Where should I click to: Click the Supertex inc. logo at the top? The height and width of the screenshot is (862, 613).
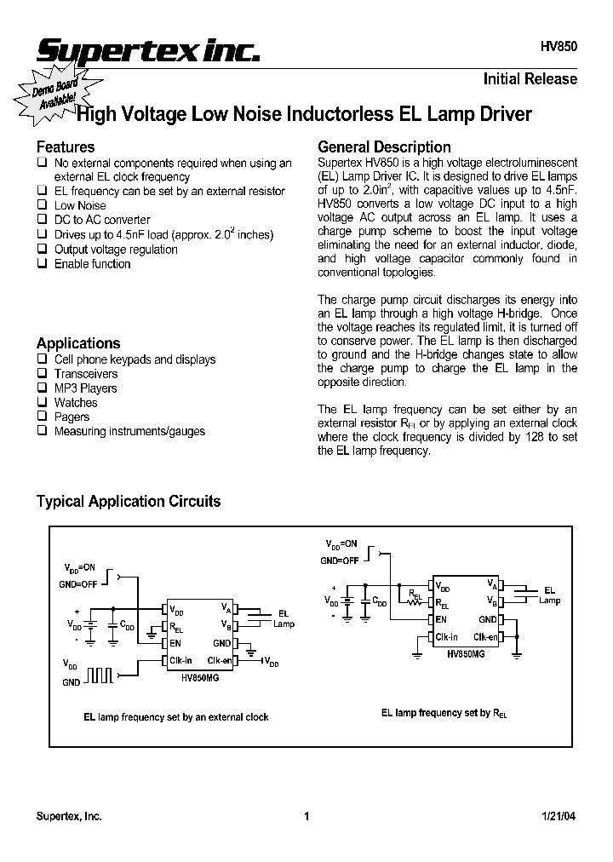point(146,52)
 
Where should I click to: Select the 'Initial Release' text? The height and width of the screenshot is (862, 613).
point(530,79)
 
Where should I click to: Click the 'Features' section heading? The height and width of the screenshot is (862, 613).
point(65,147)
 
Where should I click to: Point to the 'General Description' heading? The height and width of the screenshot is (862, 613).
point(384,147)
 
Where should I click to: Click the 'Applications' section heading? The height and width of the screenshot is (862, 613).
point(78,343)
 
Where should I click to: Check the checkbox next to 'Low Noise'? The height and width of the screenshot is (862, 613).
point(41,205)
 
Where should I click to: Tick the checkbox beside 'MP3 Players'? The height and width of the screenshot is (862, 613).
point(41,388)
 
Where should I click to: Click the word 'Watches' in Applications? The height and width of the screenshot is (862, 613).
point(76,403)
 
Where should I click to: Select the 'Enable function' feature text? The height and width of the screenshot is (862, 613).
point(92,264)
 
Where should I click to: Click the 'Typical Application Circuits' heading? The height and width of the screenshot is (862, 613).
point(129,501)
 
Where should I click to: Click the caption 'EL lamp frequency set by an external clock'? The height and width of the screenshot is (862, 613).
point(175,717)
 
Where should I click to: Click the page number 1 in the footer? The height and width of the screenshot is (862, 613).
point(306,816)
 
